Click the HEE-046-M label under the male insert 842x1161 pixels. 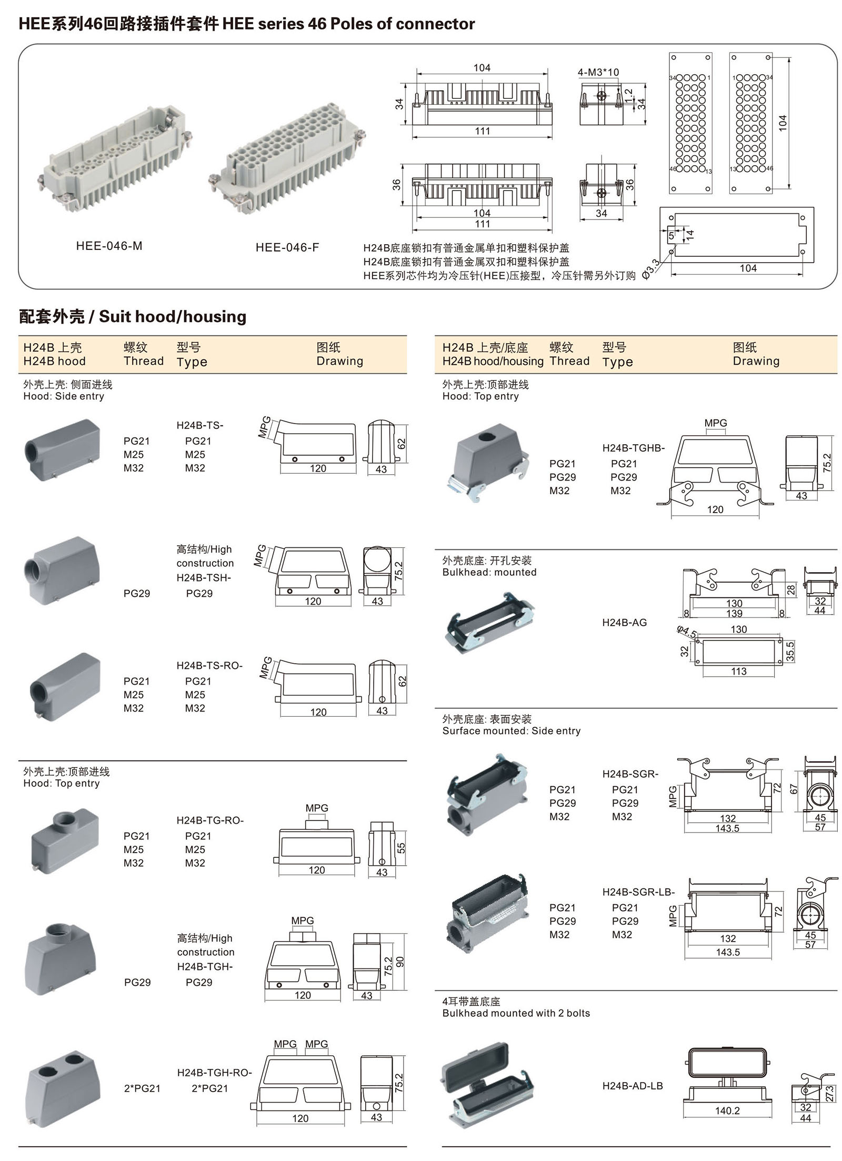point(109,246)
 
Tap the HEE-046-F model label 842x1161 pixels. point(287,247)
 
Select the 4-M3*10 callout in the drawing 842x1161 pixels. point(598,72)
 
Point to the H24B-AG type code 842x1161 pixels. point(624,623)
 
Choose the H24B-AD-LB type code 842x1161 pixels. point(633,1086)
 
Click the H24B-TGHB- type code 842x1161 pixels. point(634,448)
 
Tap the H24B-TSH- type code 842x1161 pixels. point(204,577)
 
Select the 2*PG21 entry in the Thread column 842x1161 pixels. point(142,1088)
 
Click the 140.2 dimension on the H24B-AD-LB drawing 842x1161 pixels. point(727,1110)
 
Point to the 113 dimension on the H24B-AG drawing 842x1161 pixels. point(738,671)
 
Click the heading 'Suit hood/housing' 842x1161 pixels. point(172,316)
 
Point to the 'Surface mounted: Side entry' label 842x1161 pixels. point(511,730)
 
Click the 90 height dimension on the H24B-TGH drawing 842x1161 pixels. point(400,962)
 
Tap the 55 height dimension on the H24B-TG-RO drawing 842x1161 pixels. point(401,848)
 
